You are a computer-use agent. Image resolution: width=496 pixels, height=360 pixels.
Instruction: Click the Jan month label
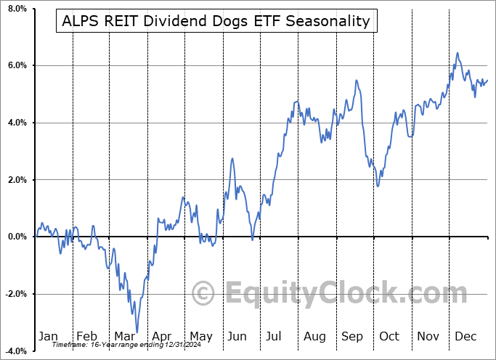point(48,336)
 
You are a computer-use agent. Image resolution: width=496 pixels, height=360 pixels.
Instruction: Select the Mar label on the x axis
point(125,336)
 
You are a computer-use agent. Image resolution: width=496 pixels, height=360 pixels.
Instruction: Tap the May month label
point(200,336)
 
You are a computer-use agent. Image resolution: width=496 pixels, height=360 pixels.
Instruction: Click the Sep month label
point(353,336)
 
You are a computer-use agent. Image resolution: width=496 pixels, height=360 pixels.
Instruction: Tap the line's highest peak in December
point(457,53)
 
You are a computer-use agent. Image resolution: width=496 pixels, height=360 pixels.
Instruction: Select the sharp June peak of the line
point(232,158)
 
